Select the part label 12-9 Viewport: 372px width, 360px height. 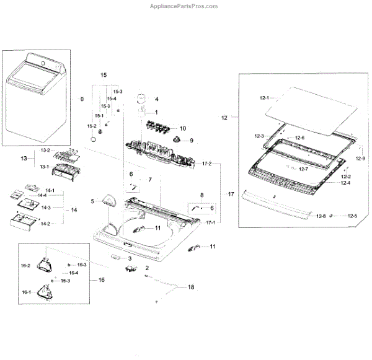click(360, 159)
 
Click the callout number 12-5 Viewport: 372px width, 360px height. click(352, 216)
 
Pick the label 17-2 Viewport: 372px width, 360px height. click(206, 164)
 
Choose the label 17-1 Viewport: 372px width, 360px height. click(210, 222)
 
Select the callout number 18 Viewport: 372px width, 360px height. click(191, 287)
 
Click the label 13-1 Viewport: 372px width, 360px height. click(45, 167)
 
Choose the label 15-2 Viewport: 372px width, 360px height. click(92, 126)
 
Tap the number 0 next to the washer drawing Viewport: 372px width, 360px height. click(81, 99)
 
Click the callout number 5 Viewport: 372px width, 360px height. click(92, 201)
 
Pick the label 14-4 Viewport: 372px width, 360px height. click(42, 196)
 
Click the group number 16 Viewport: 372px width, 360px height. click(101, 280)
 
